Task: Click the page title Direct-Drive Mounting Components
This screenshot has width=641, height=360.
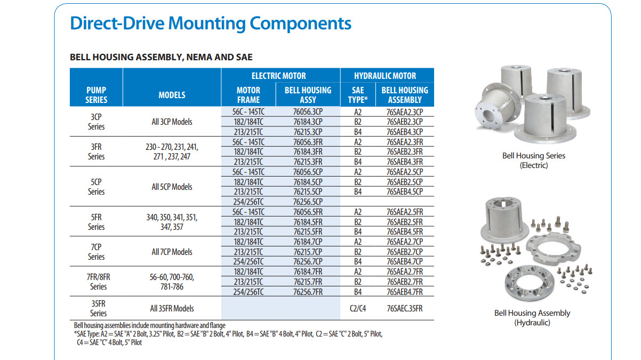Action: pos(211,23)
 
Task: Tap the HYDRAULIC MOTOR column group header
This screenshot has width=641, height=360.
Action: pos(385,76)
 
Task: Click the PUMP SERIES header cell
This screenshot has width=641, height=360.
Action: pos(97,95)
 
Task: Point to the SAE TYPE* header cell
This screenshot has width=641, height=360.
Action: pos(358,95)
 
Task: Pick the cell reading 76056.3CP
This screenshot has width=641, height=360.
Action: pos(308,112)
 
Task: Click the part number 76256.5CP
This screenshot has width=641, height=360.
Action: pos(308,202)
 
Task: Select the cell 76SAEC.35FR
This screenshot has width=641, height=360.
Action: pos(404,308)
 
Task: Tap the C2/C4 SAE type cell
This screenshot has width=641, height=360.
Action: pos(358,308)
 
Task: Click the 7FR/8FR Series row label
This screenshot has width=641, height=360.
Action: pos(98,282)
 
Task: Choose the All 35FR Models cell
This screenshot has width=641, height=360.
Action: pos(172,308)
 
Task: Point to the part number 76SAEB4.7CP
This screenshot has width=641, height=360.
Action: pos(404,261)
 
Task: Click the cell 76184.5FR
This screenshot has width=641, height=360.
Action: pos(308,222)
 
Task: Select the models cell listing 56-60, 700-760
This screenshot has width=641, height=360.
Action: pos(172,282)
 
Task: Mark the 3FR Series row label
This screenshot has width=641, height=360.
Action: pos(97,151)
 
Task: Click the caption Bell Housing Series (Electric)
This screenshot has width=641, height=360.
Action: pos(533,161)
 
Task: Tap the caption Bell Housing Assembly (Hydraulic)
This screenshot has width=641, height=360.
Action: pos(532,318)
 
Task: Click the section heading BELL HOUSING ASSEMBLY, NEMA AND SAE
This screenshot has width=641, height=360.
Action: pos(161,57)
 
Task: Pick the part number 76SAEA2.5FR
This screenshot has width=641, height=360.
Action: pos(404,212)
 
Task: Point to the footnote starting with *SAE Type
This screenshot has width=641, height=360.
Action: pos(228,334)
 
